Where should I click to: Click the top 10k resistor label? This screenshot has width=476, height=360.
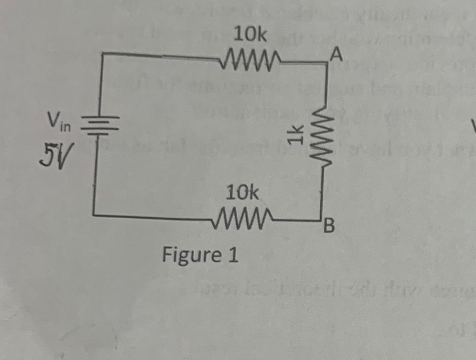click(x=251, y=34)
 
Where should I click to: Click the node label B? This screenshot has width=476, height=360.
click(x=328, y=227)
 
